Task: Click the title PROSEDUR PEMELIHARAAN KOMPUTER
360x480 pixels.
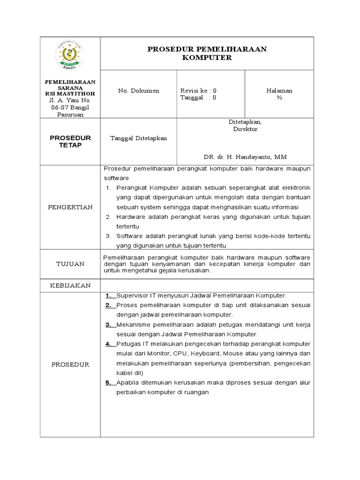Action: coord(207,53)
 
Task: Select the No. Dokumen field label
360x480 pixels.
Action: coord(138,90)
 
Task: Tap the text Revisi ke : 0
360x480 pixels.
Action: coord(198,90)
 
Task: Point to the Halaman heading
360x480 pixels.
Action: coord(279,90)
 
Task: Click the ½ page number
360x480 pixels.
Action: coord(279,97)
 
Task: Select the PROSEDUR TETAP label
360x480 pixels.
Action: coord(70,141)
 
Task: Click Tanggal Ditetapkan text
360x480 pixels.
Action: coord(138,138)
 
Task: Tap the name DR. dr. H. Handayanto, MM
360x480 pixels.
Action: coord(244,157)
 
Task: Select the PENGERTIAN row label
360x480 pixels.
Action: coord(70,207)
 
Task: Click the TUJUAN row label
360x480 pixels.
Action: coord(70,264)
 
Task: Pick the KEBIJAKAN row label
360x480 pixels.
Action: coord(70,285)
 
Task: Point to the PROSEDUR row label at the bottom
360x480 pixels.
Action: coord(70,364)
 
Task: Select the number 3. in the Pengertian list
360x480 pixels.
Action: coord(108,236)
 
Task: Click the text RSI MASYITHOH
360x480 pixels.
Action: coord(70,94)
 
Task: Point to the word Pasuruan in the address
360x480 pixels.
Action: coord(70,114)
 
